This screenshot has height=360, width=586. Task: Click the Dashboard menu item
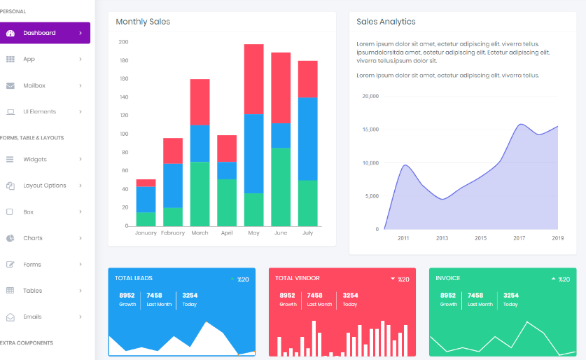click(39, 33)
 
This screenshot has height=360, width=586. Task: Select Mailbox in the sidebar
click(34, 85)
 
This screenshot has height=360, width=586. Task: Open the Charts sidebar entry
click(32, 238)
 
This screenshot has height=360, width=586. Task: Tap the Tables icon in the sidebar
click(10, 291)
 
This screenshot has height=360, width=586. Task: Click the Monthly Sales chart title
click(143, 22)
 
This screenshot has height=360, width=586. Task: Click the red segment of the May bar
click(253, 78)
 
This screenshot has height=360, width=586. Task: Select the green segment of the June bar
click(281, 186)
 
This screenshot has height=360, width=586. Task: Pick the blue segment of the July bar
click(307, 139)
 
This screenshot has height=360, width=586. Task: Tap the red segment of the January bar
click(146, 183)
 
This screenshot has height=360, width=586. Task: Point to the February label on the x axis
click(173, 233)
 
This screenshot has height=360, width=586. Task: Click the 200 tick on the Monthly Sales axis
click(123, 42)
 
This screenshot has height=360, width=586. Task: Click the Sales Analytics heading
click(386, 22)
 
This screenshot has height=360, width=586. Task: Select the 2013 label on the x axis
click(442, 238)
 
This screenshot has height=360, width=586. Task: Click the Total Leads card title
click(134, 278)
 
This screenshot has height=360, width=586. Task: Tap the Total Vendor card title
click(298, 278)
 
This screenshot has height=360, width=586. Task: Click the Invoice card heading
click(448, 278)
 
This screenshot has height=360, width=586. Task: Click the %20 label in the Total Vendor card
click(403, 279)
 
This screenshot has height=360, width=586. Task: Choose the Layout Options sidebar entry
click(44, 186)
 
